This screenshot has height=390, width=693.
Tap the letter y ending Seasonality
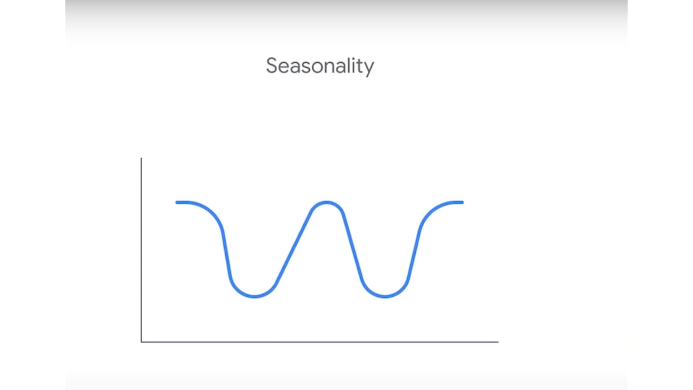[369, 68]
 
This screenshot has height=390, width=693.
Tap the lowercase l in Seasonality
[345, 65]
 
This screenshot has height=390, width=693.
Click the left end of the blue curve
[177, 202]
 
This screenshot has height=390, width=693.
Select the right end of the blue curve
[463, 202]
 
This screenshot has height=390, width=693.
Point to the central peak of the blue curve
[327, 202]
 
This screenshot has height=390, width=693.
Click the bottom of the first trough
[254, 296]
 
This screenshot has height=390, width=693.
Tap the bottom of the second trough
[385, 296]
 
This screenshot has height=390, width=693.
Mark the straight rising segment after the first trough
[293, 247]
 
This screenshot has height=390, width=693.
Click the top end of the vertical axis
[141, 158]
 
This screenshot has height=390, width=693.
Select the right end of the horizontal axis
[498, 342]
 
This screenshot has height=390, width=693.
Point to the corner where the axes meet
[141, 342]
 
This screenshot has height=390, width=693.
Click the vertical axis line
[141, 250]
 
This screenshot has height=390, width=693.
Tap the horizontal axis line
[320, 342]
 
